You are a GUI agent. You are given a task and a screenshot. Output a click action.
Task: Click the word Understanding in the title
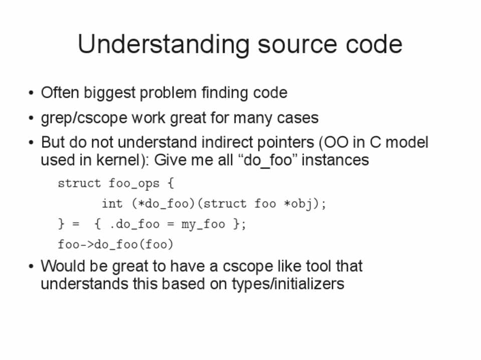tap(163, 45)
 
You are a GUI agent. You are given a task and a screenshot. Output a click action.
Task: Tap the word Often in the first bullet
tap(60, 92)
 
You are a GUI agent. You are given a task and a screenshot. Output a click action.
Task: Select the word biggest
tap(110, 93)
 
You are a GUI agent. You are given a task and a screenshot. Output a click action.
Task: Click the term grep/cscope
tap(84, 118)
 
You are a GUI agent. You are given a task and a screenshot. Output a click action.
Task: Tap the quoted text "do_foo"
tap(268, 160)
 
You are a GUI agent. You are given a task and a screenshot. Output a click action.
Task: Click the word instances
tap(335, 160)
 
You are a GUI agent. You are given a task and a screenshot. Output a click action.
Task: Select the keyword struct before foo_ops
tap(79, 183)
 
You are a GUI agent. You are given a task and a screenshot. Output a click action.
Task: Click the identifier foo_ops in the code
tap(134, 184)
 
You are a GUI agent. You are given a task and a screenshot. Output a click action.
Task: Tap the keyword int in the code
tap(112, 204)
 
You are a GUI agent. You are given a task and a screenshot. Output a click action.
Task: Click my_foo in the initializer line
tap(203, 224)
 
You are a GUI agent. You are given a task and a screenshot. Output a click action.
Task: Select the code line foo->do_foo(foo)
tap(116, 244)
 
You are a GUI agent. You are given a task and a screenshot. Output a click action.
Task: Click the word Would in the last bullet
tap(63, 266)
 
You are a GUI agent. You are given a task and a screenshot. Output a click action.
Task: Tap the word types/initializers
tap(288, 284)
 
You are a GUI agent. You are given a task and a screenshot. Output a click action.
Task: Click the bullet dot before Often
tap(31, 93)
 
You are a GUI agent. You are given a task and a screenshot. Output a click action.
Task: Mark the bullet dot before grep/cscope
tap(31, 118)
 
